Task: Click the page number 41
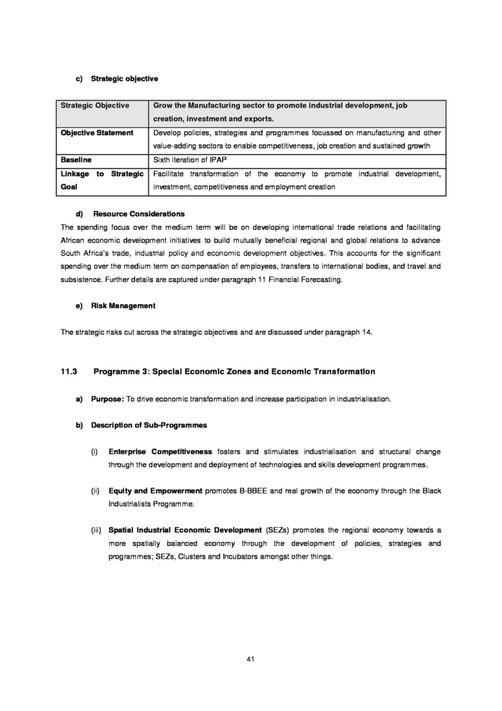251,659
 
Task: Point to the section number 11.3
70,371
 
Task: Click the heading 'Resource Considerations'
139,214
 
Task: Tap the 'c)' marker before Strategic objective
80,79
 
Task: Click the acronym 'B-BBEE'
253,491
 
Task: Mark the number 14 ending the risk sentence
366,332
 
